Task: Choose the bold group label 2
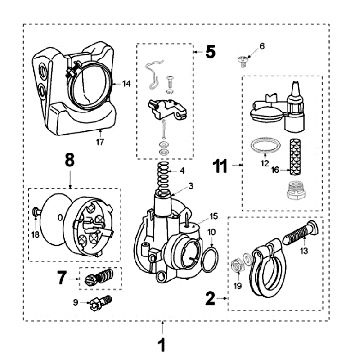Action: point(209,297)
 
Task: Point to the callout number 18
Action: point(36,233)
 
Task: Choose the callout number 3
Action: point(190,187)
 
